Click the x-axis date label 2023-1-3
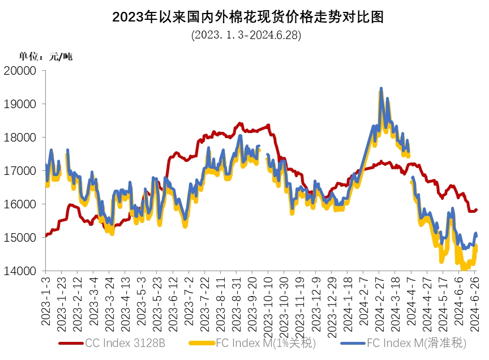click(x=46, y=300)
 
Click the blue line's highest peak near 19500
click(x=381, y=88)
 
